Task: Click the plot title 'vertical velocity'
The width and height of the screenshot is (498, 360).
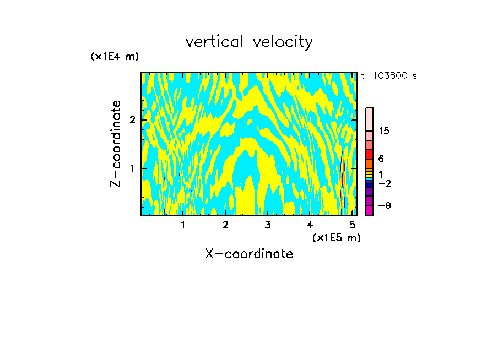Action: tap(249, 42)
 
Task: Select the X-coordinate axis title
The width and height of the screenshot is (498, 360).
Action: tap(249, 254)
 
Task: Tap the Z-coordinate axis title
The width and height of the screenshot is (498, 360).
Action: tap(116, 144)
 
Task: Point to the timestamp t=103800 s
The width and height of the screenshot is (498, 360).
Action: tap(389, 76)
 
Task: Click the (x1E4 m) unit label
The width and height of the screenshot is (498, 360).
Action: tap(115, 57)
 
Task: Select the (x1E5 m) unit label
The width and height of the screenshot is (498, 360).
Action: tap(336, 237)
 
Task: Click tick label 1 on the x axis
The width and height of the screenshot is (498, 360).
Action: tap(183, 225)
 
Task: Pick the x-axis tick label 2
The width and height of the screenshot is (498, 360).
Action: tap(225, 225)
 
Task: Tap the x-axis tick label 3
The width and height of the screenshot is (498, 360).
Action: tap(267, 225)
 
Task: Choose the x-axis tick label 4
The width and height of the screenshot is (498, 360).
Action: tap(310, 225)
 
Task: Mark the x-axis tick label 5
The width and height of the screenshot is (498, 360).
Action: tap(351, 225)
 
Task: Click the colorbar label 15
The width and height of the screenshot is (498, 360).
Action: tap(384, 131)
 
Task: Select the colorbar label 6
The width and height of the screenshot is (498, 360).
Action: tap(381, 159)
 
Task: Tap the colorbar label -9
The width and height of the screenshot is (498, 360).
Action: tap(383, 205)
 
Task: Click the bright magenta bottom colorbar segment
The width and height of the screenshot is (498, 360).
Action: tap(369, 210)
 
